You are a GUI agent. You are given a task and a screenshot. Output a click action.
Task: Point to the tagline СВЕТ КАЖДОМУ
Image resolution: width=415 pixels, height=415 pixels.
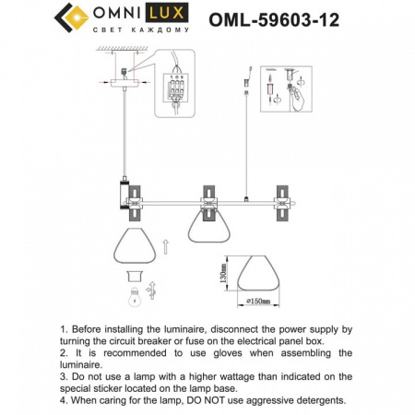[x=142, y=31]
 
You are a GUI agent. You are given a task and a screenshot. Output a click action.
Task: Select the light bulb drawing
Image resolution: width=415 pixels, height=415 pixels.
[x=134, y=296]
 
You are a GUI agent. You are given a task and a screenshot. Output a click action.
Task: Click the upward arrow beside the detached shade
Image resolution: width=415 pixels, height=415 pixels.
[x=163, y=246]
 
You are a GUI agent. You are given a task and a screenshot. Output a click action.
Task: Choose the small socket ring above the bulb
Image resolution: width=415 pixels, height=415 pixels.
[x=134, y=274]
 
